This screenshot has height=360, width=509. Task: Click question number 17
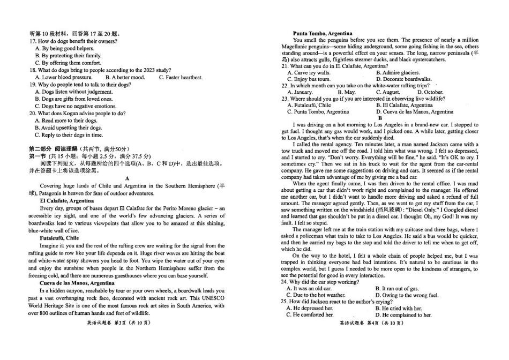33,41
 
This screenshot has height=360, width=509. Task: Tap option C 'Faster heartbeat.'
181,77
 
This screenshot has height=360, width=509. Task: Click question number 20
33,113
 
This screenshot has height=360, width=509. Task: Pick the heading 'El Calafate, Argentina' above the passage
67,200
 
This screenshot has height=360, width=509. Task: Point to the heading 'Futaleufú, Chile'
59,237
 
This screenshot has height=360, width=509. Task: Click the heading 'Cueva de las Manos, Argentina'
77,282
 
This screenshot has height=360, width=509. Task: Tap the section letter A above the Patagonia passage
128,178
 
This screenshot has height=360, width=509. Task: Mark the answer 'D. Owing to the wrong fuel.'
408,295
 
